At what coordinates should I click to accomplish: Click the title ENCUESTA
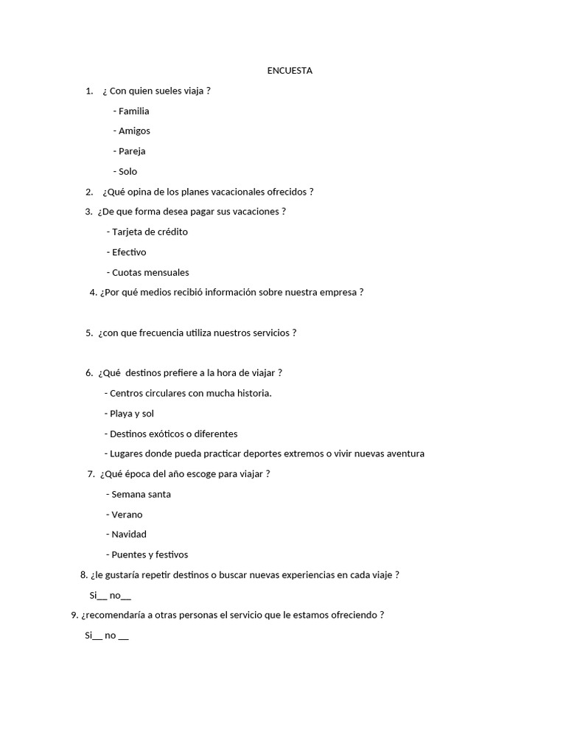point(290,71)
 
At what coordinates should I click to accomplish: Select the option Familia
point(133,111)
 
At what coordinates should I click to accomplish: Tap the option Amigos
point(134,131)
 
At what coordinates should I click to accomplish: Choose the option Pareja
point(132,151)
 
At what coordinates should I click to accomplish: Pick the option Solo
point(127,172)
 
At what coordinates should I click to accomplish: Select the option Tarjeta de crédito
point(150,232)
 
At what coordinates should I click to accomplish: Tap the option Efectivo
point(129,252)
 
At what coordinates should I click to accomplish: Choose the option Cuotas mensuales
point(150,272)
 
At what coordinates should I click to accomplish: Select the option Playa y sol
point(131,414)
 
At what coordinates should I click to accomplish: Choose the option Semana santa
point(141,494)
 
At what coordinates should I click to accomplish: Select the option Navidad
point(129,534)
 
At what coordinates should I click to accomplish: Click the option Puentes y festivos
point(150,554)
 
